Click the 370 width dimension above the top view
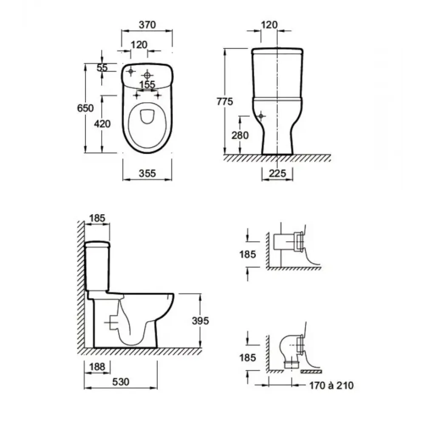(147, 25)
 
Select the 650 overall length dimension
(85, 108)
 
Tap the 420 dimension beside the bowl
(102, 124)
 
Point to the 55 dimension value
(102, 68)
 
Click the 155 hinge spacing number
(147, 85)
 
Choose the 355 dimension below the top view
(147, 173)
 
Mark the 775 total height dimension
(225, 102)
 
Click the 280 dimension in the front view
(240, 135)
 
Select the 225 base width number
(277, 173)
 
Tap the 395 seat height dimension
(200, 320)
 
